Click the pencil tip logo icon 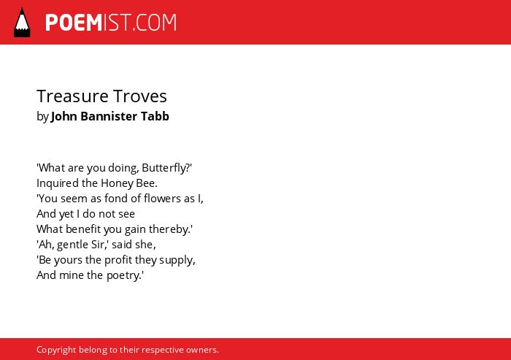click(22, 22)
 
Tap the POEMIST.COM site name click(111, 23)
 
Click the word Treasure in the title click(72, 96)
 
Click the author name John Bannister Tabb click(109, 116)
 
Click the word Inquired click(58, 183)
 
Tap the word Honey click(117, 183)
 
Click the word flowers click(162, 199)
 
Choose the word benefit click(83, 229)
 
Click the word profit click(120, 260)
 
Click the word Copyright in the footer click(56, 351)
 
